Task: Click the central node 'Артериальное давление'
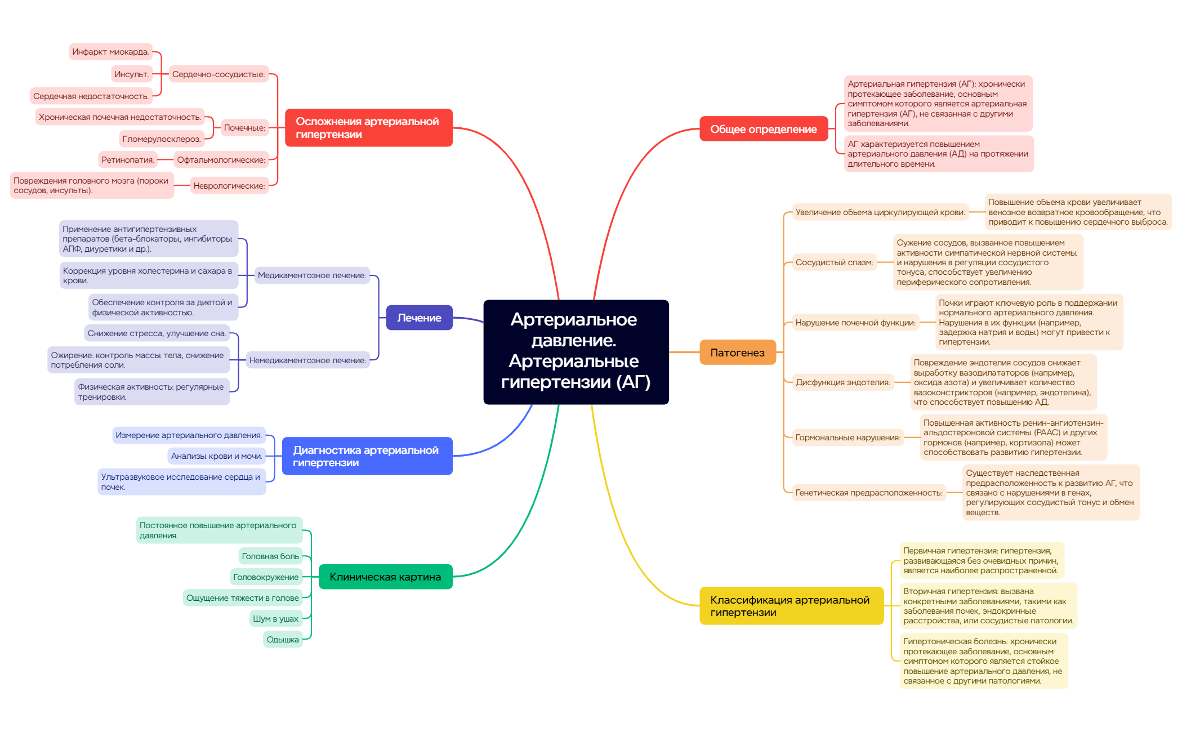(x=576, y=351)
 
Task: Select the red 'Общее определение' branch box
(x=763, y=129)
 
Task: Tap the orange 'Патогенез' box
(x=737, y=352)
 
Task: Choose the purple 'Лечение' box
(x=419, y=318)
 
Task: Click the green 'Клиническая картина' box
(x=385, y=577)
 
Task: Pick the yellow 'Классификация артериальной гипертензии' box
(x=791, y=606)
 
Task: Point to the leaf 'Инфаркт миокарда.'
(x=110, y=52)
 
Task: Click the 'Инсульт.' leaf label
(x=131, y=74)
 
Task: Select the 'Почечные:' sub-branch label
(x=244, y=128)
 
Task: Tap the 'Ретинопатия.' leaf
(x=127, y=160)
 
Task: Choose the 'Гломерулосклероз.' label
(x=162, y=139)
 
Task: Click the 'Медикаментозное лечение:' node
(x=311, y=275)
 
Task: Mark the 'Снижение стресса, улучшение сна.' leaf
(x=157, y=333)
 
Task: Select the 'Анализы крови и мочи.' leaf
(x=216, y=456)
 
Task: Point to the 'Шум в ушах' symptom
(x=275, y=619)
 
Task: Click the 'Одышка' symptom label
(x=282, y=640)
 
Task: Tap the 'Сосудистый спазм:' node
(x=834, y=262)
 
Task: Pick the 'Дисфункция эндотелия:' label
(x=842, y=382)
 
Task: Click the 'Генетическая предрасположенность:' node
(x=868, y=493)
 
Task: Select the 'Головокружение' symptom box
(x=266, y=577)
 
